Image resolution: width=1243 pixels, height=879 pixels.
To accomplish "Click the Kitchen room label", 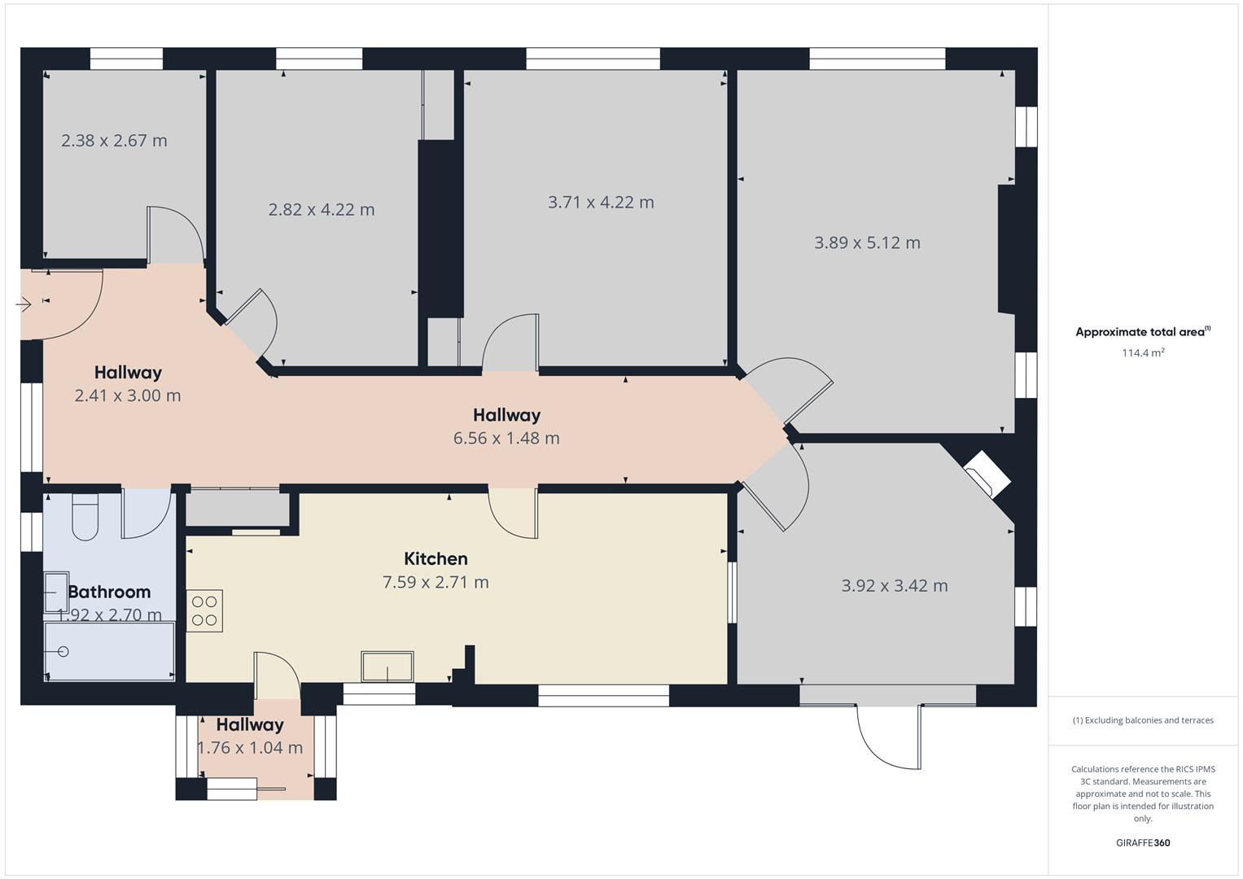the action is tap(435, 558).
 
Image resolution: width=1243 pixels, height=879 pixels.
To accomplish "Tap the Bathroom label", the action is tap(109, 593).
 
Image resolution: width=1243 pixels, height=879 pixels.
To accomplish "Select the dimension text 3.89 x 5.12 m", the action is tap(867, 243).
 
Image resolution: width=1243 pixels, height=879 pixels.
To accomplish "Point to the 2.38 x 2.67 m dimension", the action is tap(114, 140).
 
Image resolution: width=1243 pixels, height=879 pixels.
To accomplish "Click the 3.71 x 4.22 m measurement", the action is tap(601, 202).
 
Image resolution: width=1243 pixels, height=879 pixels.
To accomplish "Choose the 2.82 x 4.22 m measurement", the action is tap(322, 209).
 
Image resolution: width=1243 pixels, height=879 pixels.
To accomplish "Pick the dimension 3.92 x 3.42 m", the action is tap(895, 585).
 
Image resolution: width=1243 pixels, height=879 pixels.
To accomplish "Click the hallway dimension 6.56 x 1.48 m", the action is tap(506, 438).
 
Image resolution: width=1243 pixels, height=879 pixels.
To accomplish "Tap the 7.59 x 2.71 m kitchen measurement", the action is tap(435, 582).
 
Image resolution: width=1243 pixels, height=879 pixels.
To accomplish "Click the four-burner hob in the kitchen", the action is tap(204, 610).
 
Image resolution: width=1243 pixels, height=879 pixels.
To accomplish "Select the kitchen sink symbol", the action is tap(387, 666).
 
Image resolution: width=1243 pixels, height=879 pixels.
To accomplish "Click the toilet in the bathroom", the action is tap(85, 517).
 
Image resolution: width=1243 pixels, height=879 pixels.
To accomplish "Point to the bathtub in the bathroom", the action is tap(109, 651).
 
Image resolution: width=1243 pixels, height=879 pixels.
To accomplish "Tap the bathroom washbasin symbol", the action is tap(56, 593).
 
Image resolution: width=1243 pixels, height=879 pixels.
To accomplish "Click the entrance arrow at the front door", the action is tap(24, 304).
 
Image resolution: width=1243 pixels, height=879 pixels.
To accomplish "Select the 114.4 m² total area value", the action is tap(1143, 352).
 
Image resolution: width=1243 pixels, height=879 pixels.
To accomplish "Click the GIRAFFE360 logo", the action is tap(1143, 842).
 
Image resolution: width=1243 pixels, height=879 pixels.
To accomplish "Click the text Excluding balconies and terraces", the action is tap(1149, 720).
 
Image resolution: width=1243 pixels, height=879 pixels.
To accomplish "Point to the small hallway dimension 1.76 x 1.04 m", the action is tap(250, 747).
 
